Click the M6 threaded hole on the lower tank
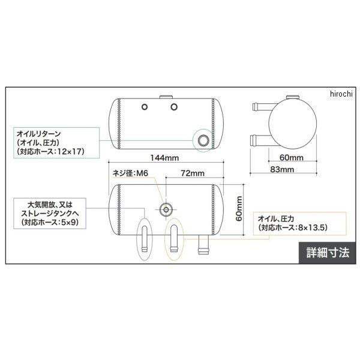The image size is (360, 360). [166, 209]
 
